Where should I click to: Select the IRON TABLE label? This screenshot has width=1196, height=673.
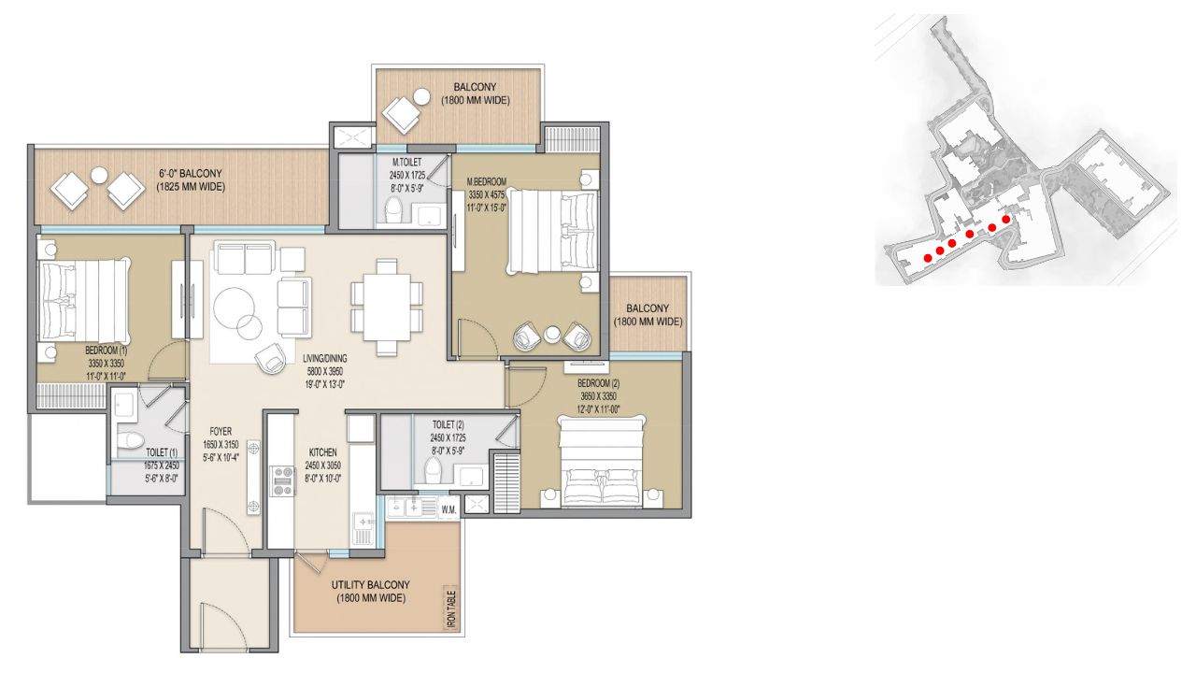(x=451, y=609)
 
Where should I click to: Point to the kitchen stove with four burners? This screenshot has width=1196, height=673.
(x=283, y=481)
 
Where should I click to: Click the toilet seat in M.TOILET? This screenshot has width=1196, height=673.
(x=395, y=210)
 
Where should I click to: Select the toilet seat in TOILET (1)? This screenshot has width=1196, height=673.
(x=130, y=440)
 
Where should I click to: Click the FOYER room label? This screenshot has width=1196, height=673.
(x=221, y=432)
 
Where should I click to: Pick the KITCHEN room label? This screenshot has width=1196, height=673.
(x=322, y=451)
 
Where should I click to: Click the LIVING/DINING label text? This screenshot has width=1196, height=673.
(x=324, y=358)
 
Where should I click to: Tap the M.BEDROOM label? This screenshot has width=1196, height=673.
(x=487, y=181)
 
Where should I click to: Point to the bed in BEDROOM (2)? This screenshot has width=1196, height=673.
(x=602, y=461)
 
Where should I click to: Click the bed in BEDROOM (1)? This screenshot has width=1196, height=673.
(x=84, y=302)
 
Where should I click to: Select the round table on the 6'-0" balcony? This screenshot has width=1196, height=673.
(x=99, y=175)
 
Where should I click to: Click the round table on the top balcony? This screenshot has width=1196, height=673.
(x=421, y=97)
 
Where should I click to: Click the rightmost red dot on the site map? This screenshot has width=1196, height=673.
(x=1006, y=219)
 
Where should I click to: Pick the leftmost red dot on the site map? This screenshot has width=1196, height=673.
(x=928, y=258)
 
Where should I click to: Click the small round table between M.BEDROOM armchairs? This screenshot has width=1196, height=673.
(x=552, y=335)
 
